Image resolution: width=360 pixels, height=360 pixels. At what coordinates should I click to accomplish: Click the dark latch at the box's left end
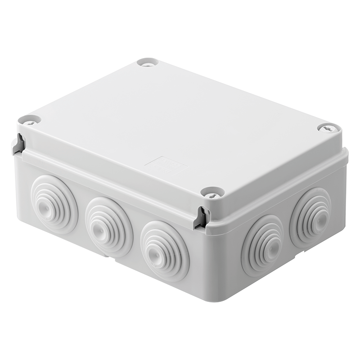click(x=19, y=144)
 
